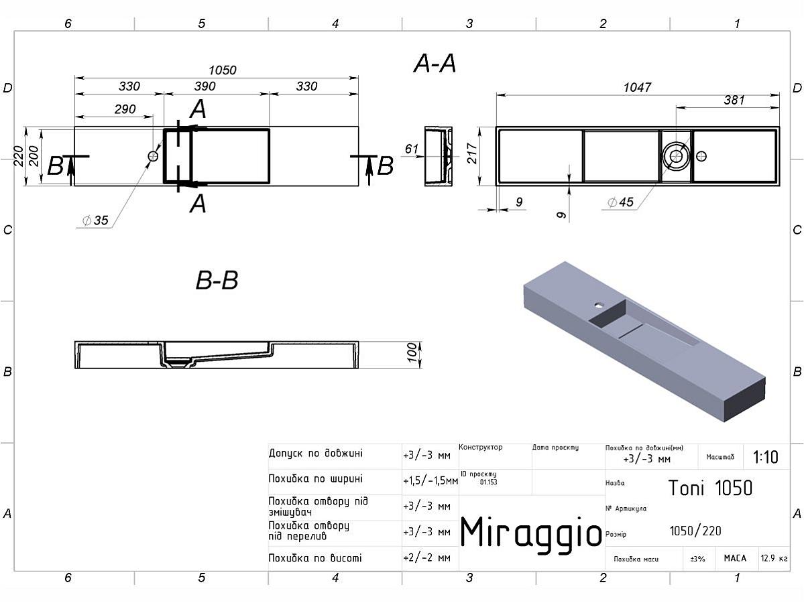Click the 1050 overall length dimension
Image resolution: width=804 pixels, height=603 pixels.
tap(223, 70)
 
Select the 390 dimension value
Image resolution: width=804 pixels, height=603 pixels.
tap(205, 86)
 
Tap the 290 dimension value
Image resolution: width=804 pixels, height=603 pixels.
tap(125, 109)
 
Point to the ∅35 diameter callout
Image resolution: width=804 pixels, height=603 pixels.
tap(95, 220)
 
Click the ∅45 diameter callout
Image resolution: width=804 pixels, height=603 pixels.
tap(620, 203)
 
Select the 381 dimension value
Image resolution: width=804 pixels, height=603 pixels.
tap(734, 100)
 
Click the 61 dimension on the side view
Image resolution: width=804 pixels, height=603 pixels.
tap(412, 149)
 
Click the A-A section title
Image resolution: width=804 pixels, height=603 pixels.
tap(435, 64)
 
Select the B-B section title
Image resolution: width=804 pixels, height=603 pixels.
tap(217, 281)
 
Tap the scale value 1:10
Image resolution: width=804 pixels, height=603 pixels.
tap(765, 458)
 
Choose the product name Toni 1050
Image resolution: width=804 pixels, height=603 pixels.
tap(710, 488)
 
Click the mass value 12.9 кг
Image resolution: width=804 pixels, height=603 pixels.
tap(774, 558)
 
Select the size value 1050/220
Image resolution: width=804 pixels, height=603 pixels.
tap(695, 531)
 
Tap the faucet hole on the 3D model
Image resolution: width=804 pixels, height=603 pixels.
tap(596, 304)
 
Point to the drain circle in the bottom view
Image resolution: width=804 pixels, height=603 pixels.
tap(675, 157)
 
